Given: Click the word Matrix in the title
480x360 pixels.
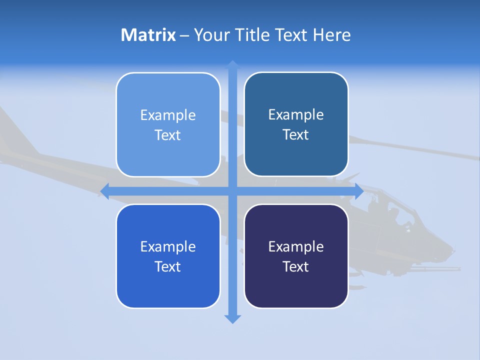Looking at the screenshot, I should point(148,35).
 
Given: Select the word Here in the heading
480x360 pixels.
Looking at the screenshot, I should point(331,35).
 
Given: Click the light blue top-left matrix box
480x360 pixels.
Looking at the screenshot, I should point(168,124).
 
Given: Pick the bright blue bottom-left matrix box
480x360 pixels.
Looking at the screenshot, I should point(168,256).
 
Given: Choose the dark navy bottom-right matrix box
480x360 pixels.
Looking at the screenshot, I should point(296,256).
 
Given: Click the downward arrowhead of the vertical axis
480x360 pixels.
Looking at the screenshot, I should point(232,319).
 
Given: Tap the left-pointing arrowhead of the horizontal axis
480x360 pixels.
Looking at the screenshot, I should point(104,190).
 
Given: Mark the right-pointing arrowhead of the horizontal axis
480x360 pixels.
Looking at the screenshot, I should point(359,190).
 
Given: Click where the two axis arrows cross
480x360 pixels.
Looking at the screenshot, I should point(232,190).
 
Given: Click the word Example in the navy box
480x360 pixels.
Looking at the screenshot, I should point(296,246).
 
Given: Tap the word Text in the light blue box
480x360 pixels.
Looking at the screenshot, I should point(167,135).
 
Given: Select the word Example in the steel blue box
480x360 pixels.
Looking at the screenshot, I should point(296,114).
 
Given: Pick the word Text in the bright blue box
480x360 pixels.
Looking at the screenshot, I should point(167,266).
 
